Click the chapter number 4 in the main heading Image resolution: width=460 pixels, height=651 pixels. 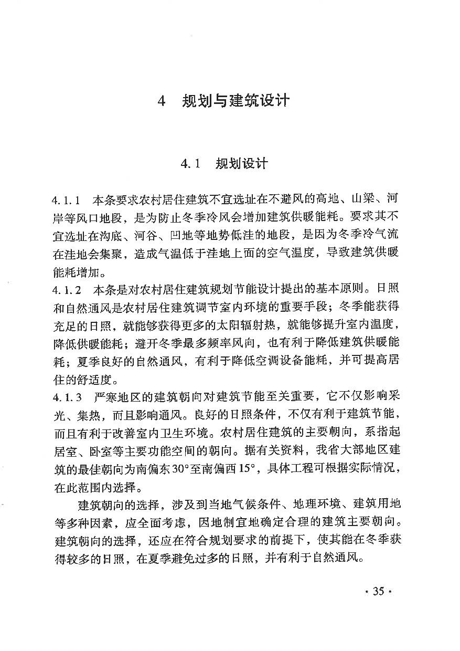click(162, 101)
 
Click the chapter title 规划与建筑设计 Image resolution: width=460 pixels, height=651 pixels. click(236, 101)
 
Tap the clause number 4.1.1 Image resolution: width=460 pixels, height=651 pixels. click(66, 200)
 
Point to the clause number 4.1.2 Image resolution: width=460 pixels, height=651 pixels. click(66, 290)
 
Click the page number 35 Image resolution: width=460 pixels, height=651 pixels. click(378, 591)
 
